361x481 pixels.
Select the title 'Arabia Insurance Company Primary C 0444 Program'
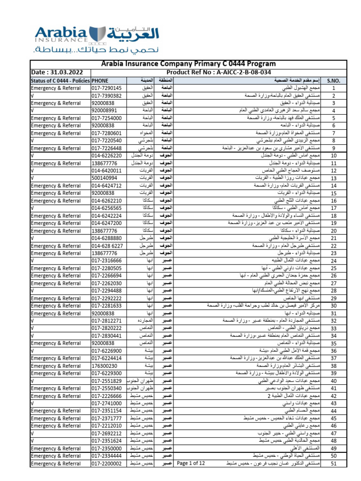pyautogui.click(x=188, y=64)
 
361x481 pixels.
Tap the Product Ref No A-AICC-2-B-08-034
pyautogui.click(x=226, y=72)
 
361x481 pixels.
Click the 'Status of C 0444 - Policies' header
pyautogui.click(x=60, y=80)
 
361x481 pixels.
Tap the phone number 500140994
pyautogui.click(x=105, y=178)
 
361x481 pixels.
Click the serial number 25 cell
pyautogui.click(x=333, y=268)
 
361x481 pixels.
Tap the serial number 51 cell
pyautogui.click(x=333, y=464)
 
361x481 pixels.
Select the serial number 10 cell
pyautogui.click(x=333, y=155)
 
